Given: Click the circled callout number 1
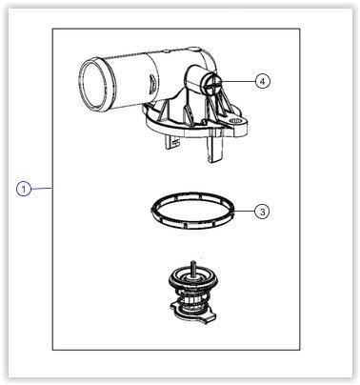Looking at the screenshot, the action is pyautogui.click(x=24, y=189).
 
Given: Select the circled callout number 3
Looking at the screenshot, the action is pyautogui.click(x=262, y=212).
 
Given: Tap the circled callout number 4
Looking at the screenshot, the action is pyautogui.click(x=262, y=81).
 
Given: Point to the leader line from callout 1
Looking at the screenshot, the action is pyautogui.click(x=42, y=189).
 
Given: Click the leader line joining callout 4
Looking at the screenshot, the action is pyautogui.click(x=239, y=82).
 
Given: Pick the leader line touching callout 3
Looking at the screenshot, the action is pyautogui.click(x=245, y=211).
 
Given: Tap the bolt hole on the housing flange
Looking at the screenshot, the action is pyautogui.click(x=236, y=121).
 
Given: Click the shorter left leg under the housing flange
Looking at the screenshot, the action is pyautogui.click(x=170, y=142).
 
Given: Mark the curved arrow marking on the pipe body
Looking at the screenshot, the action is pyautogui.click(x=152, y=84).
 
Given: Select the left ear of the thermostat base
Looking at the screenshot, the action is pyautogui.click(x=175, y=307).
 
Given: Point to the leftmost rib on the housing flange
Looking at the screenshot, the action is pyautogui.click(x=164, y=111).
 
